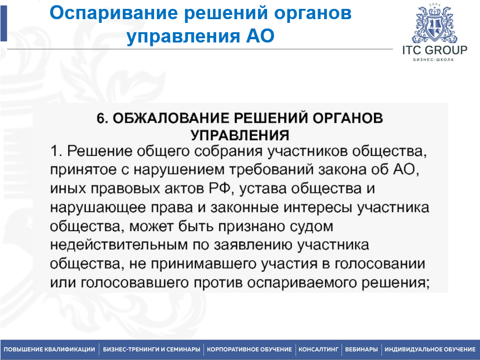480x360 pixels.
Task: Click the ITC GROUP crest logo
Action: [x=434, y=23]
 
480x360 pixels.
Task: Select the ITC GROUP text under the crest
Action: [x=435, y=50]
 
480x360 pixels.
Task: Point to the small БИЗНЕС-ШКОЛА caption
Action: [x=433, y=60]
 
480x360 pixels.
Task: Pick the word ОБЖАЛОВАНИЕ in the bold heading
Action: [x=171, y=118]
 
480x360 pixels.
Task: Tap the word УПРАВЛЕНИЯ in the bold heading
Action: [x=240, y=135]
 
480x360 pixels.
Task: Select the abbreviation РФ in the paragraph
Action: [x=219, y=189]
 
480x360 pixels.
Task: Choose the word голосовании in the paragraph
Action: [x=380, y=264]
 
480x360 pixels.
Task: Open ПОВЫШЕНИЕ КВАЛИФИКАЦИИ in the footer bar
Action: [x=49, y=349]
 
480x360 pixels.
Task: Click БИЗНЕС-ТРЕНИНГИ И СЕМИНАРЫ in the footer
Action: [x=152, y=349]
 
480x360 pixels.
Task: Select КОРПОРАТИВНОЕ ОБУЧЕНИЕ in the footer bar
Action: [x=249, y=349]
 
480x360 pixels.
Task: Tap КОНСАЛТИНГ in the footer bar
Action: [x=318, y=349]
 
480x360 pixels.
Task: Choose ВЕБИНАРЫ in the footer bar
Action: [x=361, y=349]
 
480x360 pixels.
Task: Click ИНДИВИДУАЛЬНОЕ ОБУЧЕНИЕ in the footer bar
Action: [x=430, y=349]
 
